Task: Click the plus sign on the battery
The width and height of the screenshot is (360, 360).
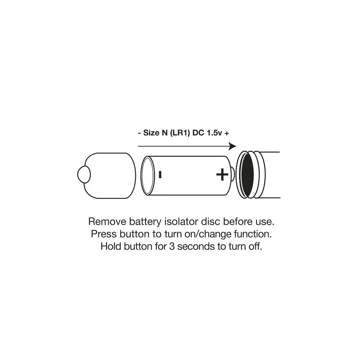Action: [x=222, y=175]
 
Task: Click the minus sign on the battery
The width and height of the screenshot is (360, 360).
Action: [x=160, y=175]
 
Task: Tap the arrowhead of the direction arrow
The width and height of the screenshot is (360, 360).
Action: [x=233, y=146]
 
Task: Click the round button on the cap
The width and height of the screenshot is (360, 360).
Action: [x=84, y=175]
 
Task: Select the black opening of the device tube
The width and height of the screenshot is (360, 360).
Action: [x=247, y=175]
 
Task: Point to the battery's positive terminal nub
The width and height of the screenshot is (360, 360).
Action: [x=233, y=175]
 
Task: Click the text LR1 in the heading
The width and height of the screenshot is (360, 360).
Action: [x=180, y=133]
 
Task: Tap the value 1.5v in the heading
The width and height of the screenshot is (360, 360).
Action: [x=215, y=133]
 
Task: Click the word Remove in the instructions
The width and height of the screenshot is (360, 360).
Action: [x=108, y=222]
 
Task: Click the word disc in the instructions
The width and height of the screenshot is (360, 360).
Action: [x=211, y=222]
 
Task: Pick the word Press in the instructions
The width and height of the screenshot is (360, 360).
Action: [x=104, y=234]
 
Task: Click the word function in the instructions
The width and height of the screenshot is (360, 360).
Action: [x=253, y=234]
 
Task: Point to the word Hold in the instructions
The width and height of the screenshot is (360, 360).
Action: [x=111, y=247]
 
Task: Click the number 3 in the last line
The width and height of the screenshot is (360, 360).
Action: [x=172, y=247]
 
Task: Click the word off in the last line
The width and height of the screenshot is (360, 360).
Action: [x=255, y=247]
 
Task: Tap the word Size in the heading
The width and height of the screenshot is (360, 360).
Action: [x=151, y=133]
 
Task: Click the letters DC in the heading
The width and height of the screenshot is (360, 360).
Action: [x=198, y=133]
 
